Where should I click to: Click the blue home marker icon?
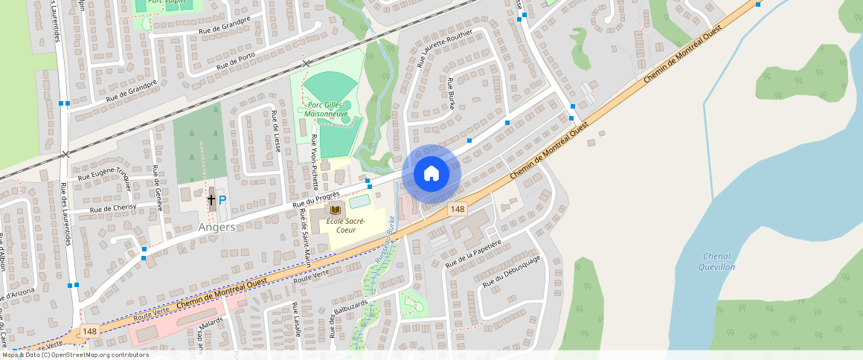click(x=431, y=174)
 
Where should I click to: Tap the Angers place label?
click(x=217, y=227)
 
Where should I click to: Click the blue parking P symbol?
click(x=222, y=200)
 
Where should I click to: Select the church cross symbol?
click(x=211, y=199)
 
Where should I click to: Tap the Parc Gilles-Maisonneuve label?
click(x=328, y=109)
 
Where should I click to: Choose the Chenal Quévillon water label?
click(x=718, y=261)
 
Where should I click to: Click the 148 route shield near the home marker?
click(x=458, y=210)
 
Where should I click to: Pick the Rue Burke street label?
click(x=451, y=93)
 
